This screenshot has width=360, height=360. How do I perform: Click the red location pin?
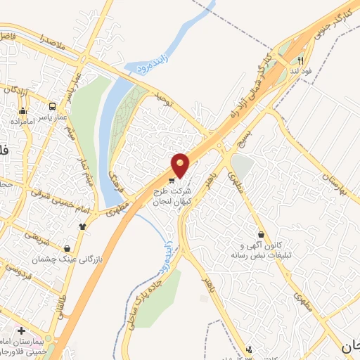(181, 165)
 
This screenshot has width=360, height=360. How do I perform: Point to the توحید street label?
(163, 98)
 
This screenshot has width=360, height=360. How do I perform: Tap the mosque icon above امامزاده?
(23, 110)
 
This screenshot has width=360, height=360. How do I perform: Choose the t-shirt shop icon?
(83, 226)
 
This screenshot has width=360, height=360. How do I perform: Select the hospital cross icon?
(21, 330)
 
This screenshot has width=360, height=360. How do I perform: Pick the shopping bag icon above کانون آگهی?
(262, 234)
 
